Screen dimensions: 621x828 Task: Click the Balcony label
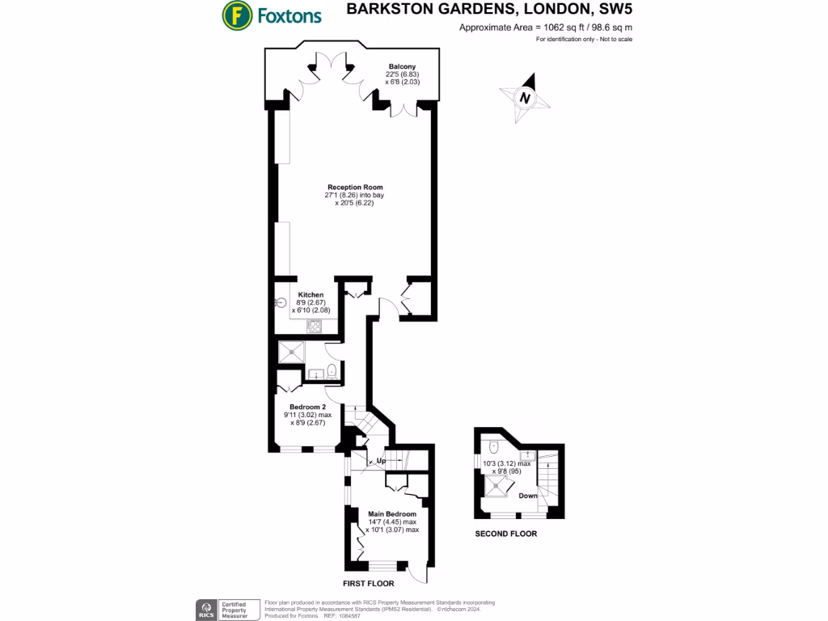(x=402, y=66)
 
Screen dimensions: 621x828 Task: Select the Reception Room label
(x=349, y=187)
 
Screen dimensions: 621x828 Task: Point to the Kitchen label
(x=311, y=294)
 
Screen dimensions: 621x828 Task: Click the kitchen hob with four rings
(x=314, y=326)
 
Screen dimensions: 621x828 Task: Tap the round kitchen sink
(x=281, y=304)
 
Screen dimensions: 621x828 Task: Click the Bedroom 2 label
(x=307, y=406)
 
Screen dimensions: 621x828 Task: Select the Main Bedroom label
(x=392, y=513)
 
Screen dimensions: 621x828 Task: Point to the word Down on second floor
(x=529, y=496)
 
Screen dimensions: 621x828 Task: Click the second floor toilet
(x=494, y=446)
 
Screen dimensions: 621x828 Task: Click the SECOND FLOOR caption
(x=505, y=534)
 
